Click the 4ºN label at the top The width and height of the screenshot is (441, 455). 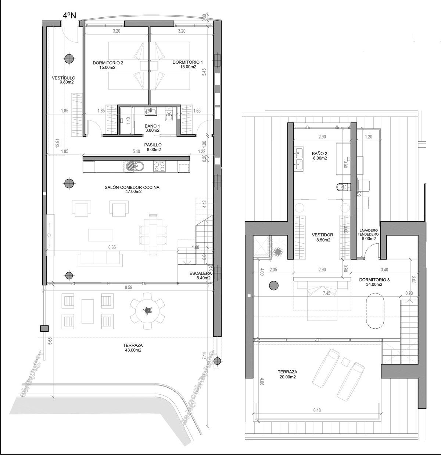(x=70, y=15)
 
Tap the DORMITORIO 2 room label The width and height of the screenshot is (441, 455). (x=108, y=65)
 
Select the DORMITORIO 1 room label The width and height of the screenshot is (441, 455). (x=187, y=65)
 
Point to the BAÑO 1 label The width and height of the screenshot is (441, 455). (x=152, y=128)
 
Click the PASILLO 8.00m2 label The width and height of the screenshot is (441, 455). (x=153, y=147)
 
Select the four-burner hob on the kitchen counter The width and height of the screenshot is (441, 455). (x=159, y=167)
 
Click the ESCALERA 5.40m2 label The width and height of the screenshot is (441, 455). (x=201, y=275)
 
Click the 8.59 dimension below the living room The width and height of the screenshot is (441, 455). (x=128, y=288)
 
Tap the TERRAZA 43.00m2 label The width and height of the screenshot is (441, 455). (x=133, y=348)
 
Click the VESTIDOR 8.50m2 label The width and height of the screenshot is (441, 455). (x=322, y=237)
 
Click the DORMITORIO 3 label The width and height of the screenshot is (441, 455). (x=374, y=282)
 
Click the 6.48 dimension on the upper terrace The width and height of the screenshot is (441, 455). (x=316, y=410)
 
